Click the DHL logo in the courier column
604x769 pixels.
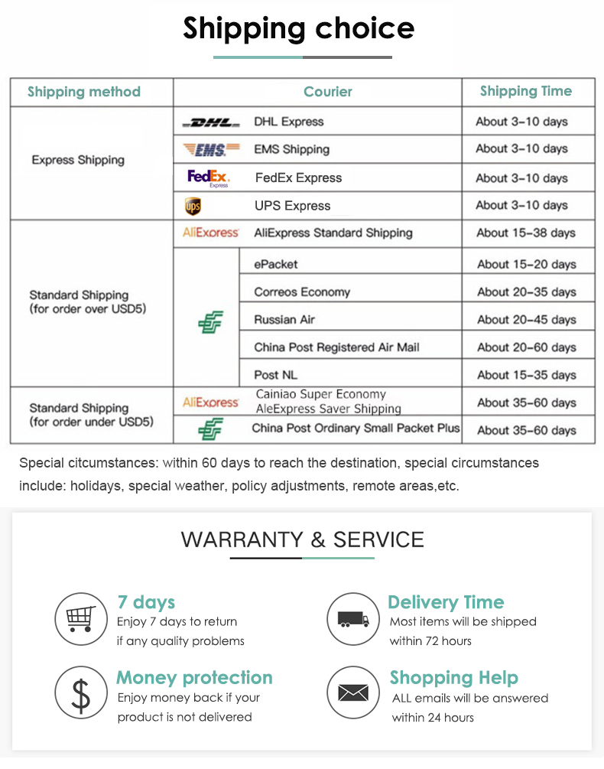(x=210, y=122)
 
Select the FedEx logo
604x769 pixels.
(x=208, y=178)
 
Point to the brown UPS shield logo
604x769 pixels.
(x=193, y=206)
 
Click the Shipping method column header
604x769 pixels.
(x=84, y=92)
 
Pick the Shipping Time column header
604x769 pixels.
(x=526, y=91)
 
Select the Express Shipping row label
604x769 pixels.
(x=78, y=160)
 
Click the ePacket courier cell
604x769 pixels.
(x=276, y=264)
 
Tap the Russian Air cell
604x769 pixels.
(x=284, y=319)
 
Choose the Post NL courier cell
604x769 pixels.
(x=276, y=375)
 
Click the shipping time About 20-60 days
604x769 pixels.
(x=527, y=347)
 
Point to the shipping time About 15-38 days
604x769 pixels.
(x=527, y=233)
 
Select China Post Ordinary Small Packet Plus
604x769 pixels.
(x=356, y=428)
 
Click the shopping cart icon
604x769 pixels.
(x=81, y=618)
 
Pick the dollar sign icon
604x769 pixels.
(x=81, y=693)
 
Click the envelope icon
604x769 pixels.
(x=353, y=693)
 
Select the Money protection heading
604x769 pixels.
(x=194, y=678)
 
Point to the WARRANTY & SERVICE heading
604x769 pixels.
(x=302, y=539)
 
